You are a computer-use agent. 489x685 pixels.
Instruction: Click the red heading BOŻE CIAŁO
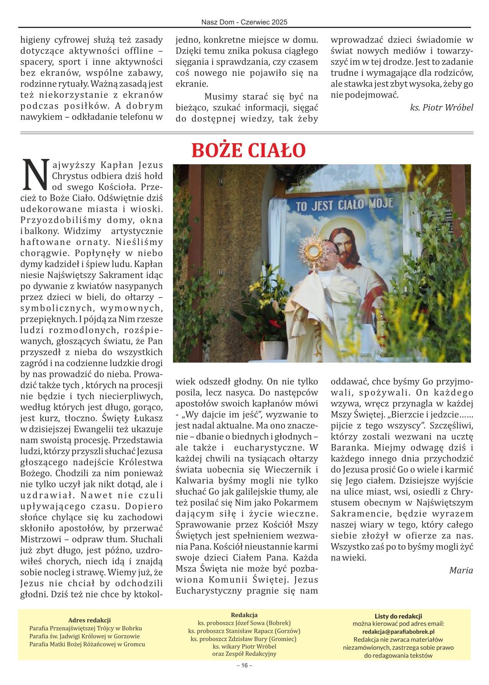[x=248, y=150]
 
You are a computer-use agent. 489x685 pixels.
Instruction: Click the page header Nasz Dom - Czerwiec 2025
[x=244, y=23]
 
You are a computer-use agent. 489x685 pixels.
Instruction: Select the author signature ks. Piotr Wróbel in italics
[x=441, y=108]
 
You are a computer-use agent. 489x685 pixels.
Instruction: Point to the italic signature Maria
[x=461, y=570]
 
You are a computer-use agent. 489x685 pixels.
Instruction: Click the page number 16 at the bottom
[x=244, y=676]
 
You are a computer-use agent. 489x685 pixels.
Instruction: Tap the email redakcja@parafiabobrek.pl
[x=398, y=631]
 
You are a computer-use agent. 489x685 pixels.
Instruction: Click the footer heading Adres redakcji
[x=89, y=620]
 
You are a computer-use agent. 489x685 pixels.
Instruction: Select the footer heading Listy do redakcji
[x=398, y=616]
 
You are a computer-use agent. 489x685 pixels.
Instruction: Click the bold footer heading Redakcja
[x=244, y=615]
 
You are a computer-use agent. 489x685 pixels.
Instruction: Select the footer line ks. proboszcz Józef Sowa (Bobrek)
[x=244, y=623]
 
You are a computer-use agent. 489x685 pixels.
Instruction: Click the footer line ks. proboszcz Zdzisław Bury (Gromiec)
[x=244, y=639]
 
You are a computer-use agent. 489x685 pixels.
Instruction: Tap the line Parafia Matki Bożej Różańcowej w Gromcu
[x=87, y=644]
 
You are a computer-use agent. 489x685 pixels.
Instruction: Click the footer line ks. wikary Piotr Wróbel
[x=244, y=646]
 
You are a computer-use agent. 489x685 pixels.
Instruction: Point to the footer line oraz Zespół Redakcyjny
[x=244, y=654]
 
